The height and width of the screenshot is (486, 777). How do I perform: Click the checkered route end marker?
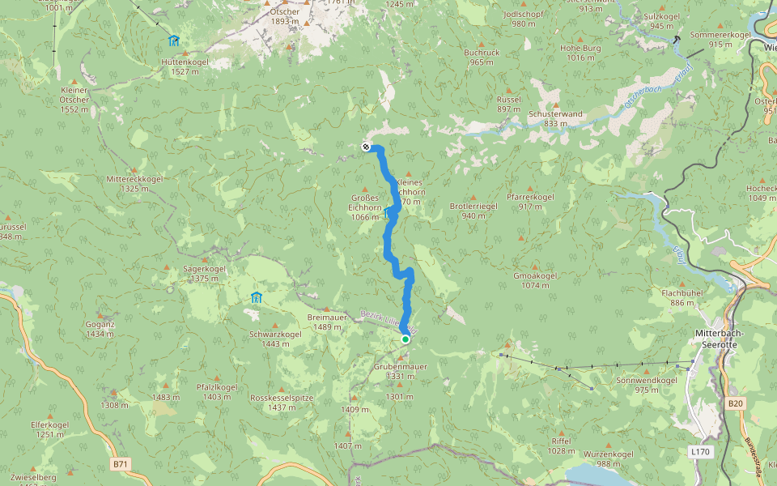point(366,147)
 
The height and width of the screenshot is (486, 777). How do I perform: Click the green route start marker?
point(405,339)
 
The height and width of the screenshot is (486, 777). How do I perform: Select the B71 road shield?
point(120,464)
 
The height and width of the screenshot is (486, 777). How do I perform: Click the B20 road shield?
point(735,403)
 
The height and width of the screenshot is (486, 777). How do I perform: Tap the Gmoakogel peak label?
point(535,280)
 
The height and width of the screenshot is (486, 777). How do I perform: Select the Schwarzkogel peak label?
point(275,339)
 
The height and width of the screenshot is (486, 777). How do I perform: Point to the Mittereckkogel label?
point(135,183)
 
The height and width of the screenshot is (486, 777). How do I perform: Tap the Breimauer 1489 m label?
point(327,322)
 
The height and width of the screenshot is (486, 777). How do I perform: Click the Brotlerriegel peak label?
point(473,211)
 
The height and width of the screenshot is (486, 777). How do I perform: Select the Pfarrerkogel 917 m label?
point(530,202)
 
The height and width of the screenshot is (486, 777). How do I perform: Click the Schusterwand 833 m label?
point(555,118)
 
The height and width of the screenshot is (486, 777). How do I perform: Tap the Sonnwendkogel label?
point(647,385)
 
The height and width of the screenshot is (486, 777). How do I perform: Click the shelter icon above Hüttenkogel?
point(173,40)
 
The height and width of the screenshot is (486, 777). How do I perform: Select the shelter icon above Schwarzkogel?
point(256,297)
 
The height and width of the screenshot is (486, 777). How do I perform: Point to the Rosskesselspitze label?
point(281,403)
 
